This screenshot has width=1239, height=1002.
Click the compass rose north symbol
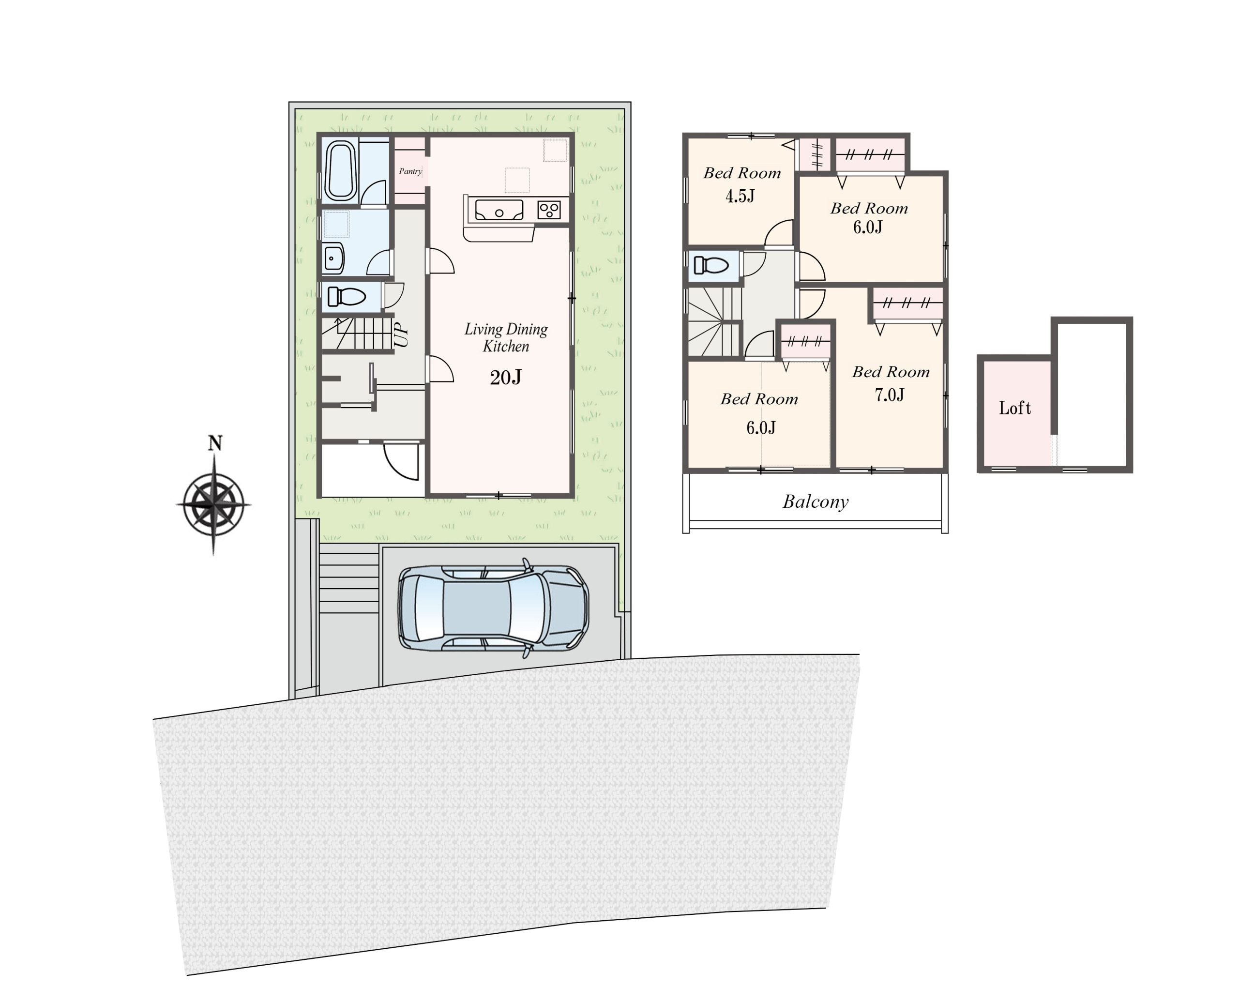click(x=213, y=504)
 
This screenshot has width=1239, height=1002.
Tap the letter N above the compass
click(x=215, y=443)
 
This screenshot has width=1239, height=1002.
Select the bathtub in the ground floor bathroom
click(x=340, y=170)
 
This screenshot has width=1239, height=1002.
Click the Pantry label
click(x=410, y=171)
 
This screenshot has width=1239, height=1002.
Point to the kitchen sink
click(x=499, y=210)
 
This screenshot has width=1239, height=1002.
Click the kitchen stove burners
click(x=549, y=210)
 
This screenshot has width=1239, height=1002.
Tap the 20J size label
click(x=506, y=378)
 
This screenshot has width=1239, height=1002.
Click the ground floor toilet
click(x=346, y=297)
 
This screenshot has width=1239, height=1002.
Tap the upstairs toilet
click(x=711, y=266)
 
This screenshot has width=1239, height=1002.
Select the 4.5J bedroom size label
click(x=740, y=196)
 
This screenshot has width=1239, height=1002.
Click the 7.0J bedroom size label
click(x=889, y=395)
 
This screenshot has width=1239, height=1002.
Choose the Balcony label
click(x=816, y=501)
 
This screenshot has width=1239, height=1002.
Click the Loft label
click(x=1014, y=409)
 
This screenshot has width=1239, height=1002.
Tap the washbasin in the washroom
click(x=333, y=258)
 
